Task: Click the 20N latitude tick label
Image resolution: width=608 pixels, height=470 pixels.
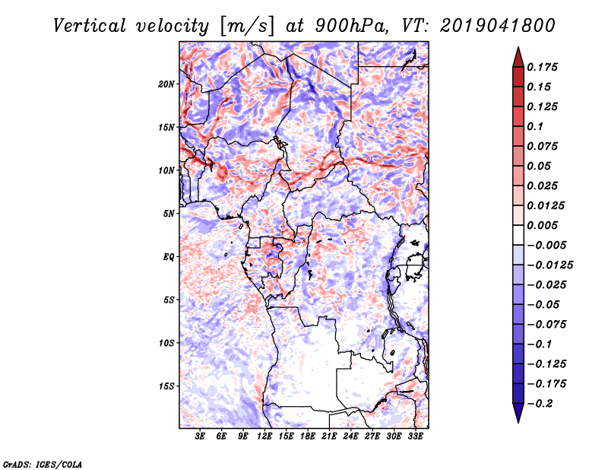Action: (x=166, y=84)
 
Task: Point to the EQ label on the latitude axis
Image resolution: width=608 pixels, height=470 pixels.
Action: (x=169, y=257)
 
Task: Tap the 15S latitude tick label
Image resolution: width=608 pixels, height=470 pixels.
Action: (x=166, y=386)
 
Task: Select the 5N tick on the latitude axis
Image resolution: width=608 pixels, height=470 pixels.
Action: (x=169, y=214)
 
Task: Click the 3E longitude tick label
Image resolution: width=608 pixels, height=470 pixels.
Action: (x=201, y=437)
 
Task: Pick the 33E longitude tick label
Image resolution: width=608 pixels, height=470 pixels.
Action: (x=416, y=437)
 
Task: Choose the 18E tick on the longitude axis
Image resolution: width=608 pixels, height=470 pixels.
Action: (x=308, y=437)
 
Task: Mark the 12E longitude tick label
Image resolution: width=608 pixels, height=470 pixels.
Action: (x=265, y=437)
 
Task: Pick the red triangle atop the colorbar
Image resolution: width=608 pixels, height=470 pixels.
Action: (x=518, y=56)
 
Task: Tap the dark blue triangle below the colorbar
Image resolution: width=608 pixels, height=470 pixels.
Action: (x=518, y=413)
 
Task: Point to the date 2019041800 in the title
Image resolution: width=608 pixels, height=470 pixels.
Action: (x=498, y=25)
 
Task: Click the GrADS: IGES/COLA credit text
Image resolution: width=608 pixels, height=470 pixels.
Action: (x=42, y=463)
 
